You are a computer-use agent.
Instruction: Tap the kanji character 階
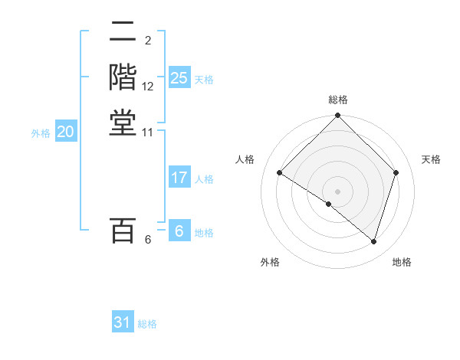point(123,78)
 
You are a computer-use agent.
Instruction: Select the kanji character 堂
point(123,123)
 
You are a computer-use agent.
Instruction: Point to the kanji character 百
point(123,231)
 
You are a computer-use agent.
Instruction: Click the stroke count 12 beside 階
point(148,87)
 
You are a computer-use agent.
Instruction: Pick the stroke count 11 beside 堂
point(148,132)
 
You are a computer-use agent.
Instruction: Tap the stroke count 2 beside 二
point(148,41)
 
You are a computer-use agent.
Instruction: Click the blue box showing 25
point(179,78)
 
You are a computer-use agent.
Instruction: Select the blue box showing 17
point(179,178)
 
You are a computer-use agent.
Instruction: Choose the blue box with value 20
point(66,132)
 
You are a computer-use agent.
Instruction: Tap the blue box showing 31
point(123,322)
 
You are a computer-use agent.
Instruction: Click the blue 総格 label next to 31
point(147,324)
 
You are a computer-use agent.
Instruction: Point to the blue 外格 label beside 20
point(41,133)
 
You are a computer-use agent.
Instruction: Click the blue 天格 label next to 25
point(204,80)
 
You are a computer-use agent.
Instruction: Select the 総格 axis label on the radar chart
point(338,100)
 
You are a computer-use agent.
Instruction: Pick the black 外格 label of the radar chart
point(270,262)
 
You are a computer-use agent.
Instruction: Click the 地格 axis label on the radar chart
point(402,262)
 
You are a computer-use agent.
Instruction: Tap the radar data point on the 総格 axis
point(338,116)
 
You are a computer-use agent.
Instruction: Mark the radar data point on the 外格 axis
point(328,205)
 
